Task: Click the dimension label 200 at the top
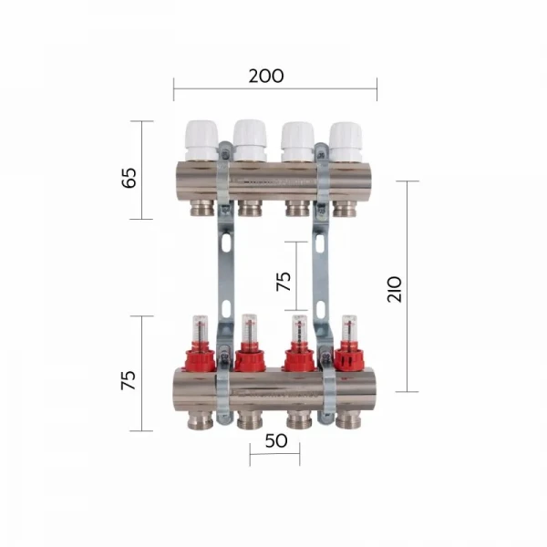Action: coord(265,76)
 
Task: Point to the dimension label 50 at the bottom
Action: coord(274,440)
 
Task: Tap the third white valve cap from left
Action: coord(297,139)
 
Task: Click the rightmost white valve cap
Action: coord(346,139)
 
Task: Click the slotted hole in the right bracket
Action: coord(321,243)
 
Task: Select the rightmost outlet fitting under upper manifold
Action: coord(345,208)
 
